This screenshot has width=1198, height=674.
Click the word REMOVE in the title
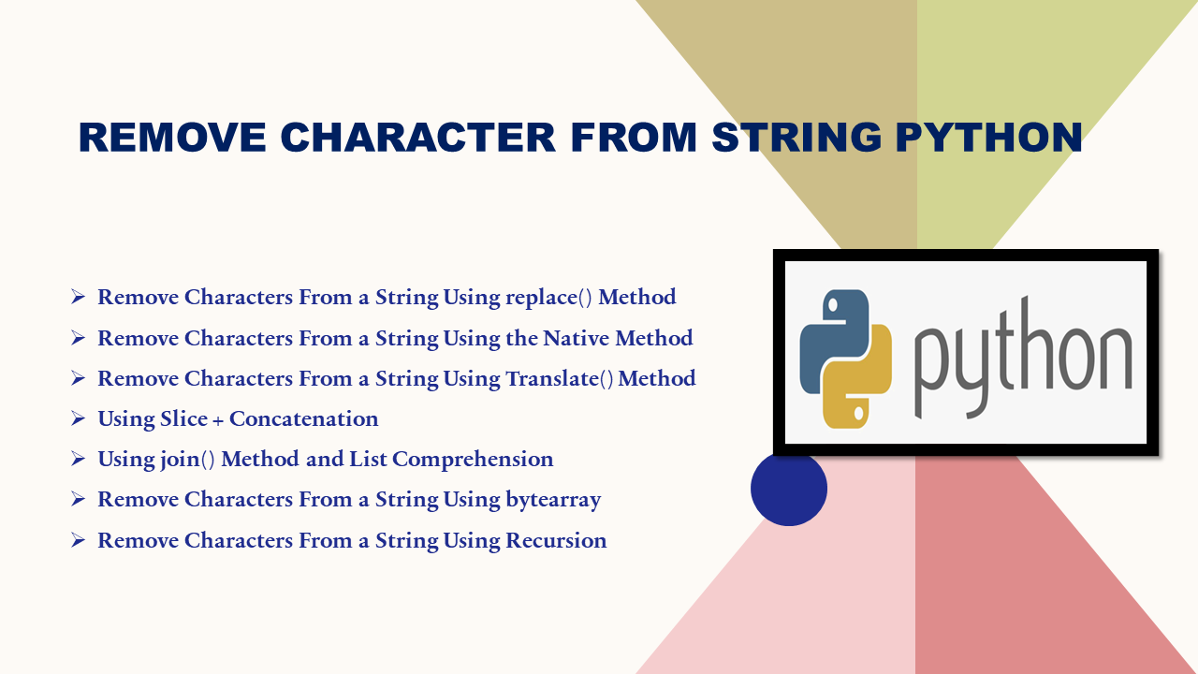click(172, 138)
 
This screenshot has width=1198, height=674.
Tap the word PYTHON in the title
click(989, 138)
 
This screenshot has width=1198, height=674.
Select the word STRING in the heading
click(796, 138)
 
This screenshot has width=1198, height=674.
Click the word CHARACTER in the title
click(418, 138)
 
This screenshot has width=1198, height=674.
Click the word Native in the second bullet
click(576, 338)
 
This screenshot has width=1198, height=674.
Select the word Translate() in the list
click(559, 379)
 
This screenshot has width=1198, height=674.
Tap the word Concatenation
click(304, 418)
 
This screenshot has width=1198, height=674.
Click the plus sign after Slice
click(218, 420)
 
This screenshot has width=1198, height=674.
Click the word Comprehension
click(473, 460)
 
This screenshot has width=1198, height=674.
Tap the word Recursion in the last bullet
click(556, 540)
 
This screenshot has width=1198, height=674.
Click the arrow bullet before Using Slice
click(78, 418)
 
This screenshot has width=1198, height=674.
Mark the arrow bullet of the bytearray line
click(78, 499)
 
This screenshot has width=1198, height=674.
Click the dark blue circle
click(789, 488)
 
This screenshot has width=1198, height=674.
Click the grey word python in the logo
click(1023, 359)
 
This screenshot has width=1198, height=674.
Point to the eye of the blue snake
click(832, 305)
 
